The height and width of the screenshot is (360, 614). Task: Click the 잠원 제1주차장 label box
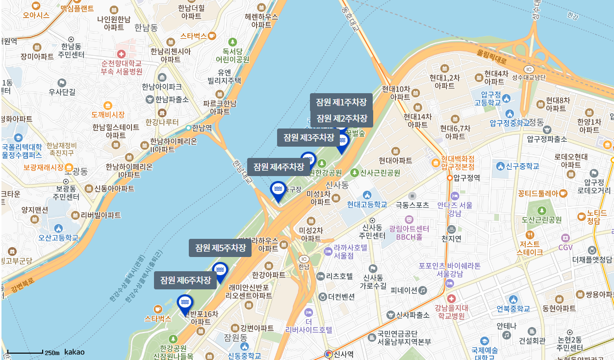click(341, 103)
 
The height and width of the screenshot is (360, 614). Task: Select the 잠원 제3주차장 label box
click(308, 138)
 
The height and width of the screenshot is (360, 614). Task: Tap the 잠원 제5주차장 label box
click(220, 248)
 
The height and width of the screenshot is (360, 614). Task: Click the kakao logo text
click(75, 352)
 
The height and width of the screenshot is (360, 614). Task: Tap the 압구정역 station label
click(466, 178)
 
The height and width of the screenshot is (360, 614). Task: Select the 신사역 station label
click(343, 354)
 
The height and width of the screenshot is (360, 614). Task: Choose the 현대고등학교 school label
click(367, 204)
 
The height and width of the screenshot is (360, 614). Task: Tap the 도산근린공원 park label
click(541, 219)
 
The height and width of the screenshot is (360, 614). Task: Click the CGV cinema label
click(565, 247)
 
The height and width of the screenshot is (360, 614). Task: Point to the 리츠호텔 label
click(339, 276)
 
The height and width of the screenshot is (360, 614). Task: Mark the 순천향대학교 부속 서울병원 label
click(121, 67)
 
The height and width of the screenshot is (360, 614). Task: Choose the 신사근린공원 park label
click(380, 173)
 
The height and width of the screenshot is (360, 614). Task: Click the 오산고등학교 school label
click(58, 237)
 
